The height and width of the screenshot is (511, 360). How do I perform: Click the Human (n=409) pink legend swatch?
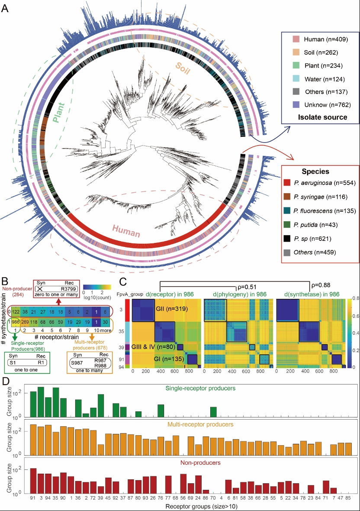pyautogui.click(x=296, y=39)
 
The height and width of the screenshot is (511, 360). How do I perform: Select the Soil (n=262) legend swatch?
pyautogui.click(x=296, y=52)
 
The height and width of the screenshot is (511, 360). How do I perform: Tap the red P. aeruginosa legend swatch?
pyautogui.click(x=287, y=182)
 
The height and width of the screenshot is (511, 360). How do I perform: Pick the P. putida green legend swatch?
pyautogui.click(x=287, y=225)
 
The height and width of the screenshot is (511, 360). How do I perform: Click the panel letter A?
pyautogui.click(x=5, y=8)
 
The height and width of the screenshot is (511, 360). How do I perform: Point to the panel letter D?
pyautogui.click(x=5, y=381)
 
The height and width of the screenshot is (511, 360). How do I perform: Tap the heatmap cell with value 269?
pyautogui.click(x=25, y=322)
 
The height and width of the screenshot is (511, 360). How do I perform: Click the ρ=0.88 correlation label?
pyautogui.click(x=321, y=285)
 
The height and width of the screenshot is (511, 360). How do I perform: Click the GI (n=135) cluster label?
pyautogui.click(x=169, y=359)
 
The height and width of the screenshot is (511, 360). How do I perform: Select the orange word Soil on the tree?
pyautogui.click(x=183, y=68)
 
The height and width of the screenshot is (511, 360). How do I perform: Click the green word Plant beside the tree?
pyautogui.click(x=59, y=113)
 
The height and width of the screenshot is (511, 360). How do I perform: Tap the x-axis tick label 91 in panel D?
pyautogui.click(x=33, y=498)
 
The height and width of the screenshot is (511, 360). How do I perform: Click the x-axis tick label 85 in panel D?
pyautogui.click(x=348, y=498)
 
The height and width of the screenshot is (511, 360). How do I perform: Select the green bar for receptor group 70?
pyautogui.click(x=213, y=412)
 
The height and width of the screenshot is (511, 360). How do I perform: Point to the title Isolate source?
pyautogui.click(x=322, y=117)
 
